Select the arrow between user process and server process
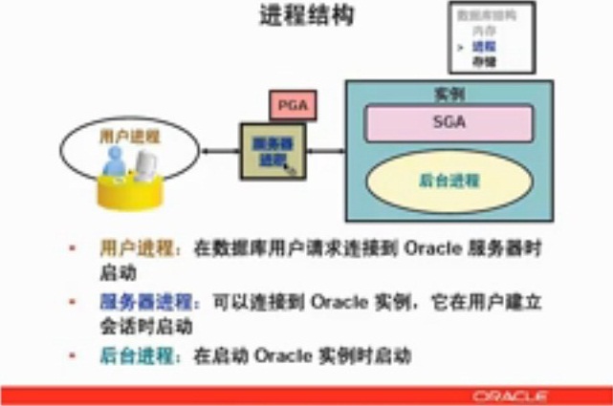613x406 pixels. click(x=219, y=150)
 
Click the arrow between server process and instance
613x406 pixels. click(x=326, y=150)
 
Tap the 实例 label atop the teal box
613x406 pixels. click(x=449, y=95)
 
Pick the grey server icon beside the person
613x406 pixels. click(x=145, y=167)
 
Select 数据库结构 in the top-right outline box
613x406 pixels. click(x=488, y=16)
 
